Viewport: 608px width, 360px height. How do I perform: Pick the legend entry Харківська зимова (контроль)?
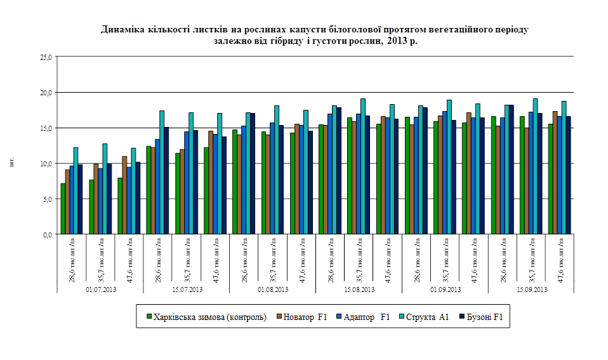(x=206, y=316)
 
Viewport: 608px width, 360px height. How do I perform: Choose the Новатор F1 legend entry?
(x=301, y=316)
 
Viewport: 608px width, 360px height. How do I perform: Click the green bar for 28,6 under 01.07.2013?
(x=63, y=209)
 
